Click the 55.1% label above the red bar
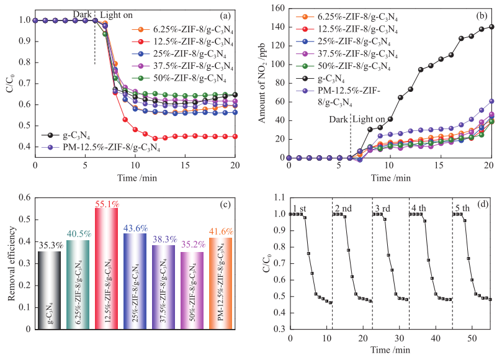pyautogui.click(x=106, y=203)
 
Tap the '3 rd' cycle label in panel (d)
pyautogui.click(x=382, y=207)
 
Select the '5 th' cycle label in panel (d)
pyautogui.click(x=462, y=207)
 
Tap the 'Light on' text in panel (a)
pyautogui.click(x=117, y=14)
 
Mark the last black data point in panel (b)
pyautogui.click(x=491, y=27)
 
